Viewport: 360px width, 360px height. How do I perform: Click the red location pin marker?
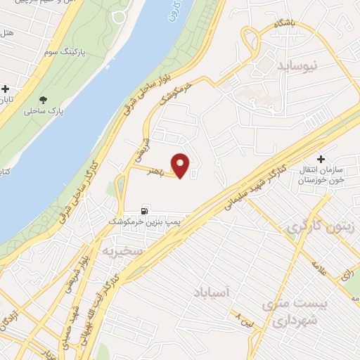(x=181, y=166)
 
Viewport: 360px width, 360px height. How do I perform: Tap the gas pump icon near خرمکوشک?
(x=145, y=210)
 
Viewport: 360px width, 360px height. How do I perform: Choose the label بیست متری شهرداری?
(x=290, y=311)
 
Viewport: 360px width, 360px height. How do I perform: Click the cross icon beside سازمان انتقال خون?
(x=321, y=160)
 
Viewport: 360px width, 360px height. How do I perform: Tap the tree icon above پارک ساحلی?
(x=44, y=100)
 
